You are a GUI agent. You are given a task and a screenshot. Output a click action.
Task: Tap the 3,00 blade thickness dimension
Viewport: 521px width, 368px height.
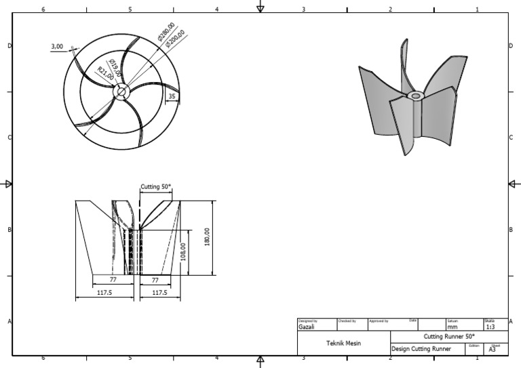tap(57, 47)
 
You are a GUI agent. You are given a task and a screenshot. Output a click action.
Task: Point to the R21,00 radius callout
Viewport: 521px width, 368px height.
tap(105, 73)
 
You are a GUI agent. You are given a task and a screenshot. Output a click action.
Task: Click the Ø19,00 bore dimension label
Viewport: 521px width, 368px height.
tap(113, 68)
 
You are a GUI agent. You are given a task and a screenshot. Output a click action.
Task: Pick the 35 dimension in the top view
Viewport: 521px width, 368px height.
tap(172, 97)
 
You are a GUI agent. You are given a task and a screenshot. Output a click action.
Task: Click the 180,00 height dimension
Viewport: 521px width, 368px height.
tap(207, 237)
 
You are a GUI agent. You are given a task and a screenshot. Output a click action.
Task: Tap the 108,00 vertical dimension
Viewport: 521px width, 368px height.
tap(183, 252)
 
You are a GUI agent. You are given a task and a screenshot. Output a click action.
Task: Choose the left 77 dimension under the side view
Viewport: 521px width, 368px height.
tap(114, 279)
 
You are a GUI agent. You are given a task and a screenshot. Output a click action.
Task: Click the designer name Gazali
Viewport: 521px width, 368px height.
tap(306, 327)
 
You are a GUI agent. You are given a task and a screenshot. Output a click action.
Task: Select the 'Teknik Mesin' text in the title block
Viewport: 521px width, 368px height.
tap(344, 344)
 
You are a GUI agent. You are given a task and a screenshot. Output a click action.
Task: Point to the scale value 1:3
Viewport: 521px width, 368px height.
tap(490, 327)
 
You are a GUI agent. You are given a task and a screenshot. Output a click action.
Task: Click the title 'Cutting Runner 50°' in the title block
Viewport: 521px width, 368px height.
tap(449, 336)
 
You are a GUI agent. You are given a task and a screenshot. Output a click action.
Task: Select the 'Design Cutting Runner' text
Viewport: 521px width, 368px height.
tap(421, 349)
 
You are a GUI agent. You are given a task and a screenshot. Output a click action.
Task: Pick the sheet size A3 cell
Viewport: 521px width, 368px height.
tap(493, 349)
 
